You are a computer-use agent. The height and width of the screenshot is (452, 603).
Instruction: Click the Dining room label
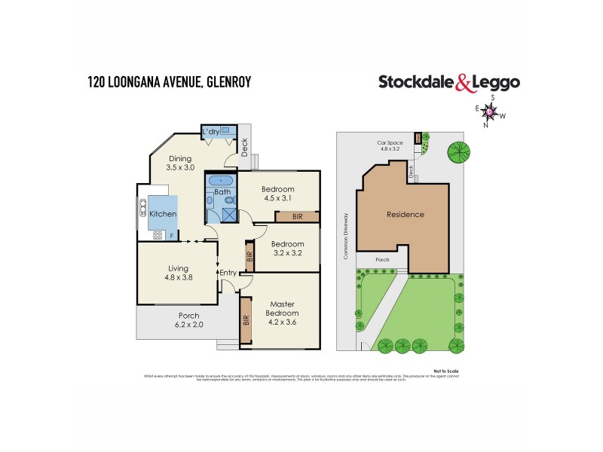click(x=180, y=163)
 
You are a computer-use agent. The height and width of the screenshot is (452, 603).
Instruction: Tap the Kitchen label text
click(x=163, y=214)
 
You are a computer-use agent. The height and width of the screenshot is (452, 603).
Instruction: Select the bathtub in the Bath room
click(x=221, y=181)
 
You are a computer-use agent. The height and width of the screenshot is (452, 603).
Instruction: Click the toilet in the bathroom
click(x=211, y=201)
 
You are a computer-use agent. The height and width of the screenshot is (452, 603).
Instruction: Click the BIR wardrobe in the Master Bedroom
click(x=246, y=319)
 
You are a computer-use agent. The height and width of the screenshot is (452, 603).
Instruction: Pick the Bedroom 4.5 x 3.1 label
click(x=278, y=194)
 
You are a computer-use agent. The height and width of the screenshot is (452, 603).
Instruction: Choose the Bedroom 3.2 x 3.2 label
click(x=287, y=249)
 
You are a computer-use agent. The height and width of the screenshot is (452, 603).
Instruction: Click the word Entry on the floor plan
click(x=228, y=273)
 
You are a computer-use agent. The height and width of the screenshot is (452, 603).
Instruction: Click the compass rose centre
click(x=491, y=113)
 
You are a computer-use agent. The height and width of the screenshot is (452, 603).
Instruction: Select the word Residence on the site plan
click(x=406, y=215)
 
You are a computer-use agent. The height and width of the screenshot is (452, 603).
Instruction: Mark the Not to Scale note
click(x=446, y=371)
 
